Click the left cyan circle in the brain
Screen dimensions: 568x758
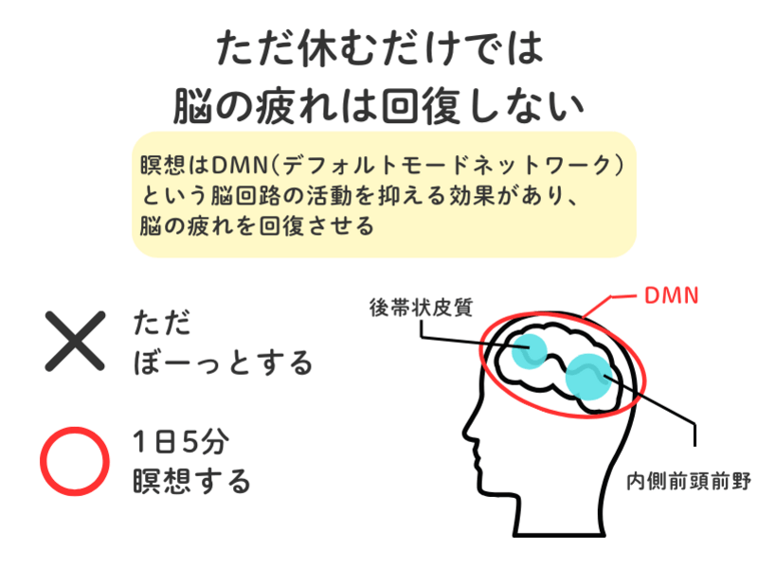pyautogui.click(x=526, y=351)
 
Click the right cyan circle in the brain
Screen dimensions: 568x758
pyautogui.click(x=590, y=376)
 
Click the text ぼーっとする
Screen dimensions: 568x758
pyautogui.click(x=224, y=361)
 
